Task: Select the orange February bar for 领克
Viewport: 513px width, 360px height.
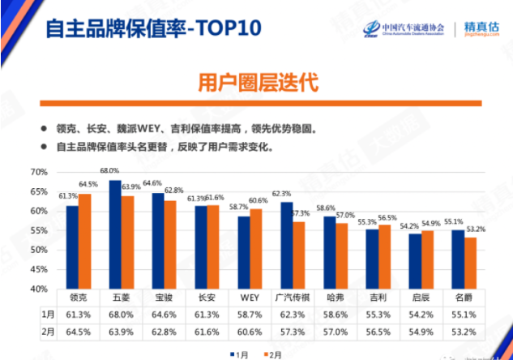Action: [x=84, y=241]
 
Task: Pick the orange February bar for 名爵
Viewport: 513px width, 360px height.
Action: [x=470, y=263]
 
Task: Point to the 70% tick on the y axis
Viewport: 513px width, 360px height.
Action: [x=40, y=172]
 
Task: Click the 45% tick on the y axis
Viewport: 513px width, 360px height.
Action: [x=40, y=269]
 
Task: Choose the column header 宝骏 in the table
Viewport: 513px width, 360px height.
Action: [x=163, y=298]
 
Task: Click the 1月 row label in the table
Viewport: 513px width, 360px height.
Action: [x=48, y=314]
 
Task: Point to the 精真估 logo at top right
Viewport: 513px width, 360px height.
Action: [x=483, y=30]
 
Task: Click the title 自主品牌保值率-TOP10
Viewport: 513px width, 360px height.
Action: [x=153, y=30]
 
